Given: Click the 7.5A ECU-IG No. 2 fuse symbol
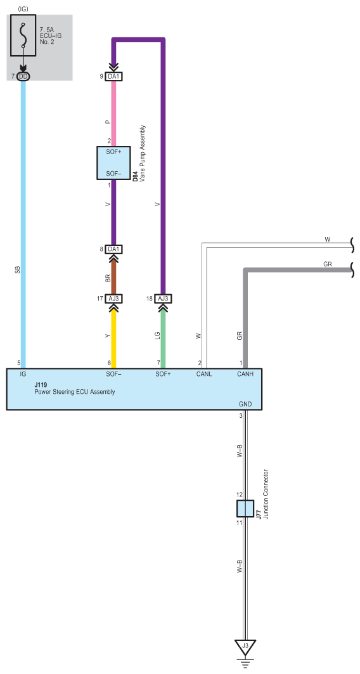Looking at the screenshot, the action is tap(23, 36).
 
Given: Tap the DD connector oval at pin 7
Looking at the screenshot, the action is tap(23, 77).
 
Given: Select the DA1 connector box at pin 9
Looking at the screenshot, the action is tap(114, 77).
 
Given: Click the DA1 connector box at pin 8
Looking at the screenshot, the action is tap(114, 249).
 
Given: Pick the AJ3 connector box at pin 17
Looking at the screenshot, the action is tap(114, 299).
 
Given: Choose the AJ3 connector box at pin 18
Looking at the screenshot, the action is tap(163, 299).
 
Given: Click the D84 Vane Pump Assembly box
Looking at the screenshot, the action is tap(113, 163).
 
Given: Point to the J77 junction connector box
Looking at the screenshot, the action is tap(245, 509).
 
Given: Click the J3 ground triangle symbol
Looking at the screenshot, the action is tap(245, 646).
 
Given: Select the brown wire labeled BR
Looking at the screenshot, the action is tap(114, 275).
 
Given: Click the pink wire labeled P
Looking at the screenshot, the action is tap(114, 113).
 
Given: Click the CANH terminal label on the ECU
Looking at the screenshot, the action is tap(245, 374).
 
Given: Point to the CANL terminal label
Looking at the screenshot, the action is tap(204, 374).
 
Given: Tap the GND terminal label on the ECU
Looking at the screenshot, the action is tap(245, 405).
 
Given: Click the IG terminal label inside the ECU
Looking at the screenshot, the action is tap(23, 374).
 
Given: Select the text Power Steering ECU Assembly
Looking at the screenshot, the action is tap(74, 392).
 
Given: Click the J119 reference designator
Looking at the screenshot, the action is tap(41, 386).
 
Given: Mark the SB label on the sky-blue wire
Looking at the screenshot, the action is tap(18, 270).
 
